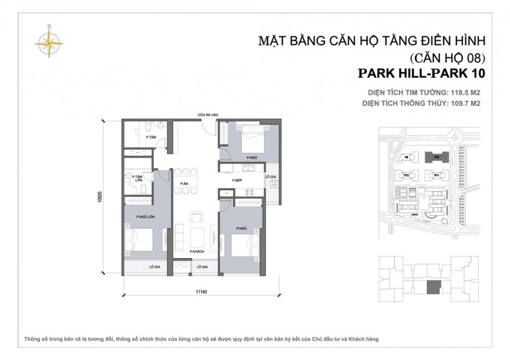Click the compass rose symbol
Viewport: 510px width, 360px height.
(50, 40)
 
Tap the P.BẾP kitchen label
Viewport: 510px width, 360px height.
(238, 181)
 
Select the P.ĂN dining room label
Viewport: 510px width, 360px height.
(185, 183)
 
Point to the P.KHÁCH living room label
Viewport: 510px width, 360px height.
(197, 251)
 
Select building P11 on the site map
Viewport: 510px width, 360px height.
(436, 175)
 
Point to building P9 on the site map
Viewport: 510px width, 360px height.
(407, 157)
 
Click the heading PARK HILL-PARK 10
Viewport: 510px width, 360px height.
(421, 73)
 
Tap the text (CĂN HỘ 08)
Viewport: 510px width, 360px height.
(447, 58)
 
